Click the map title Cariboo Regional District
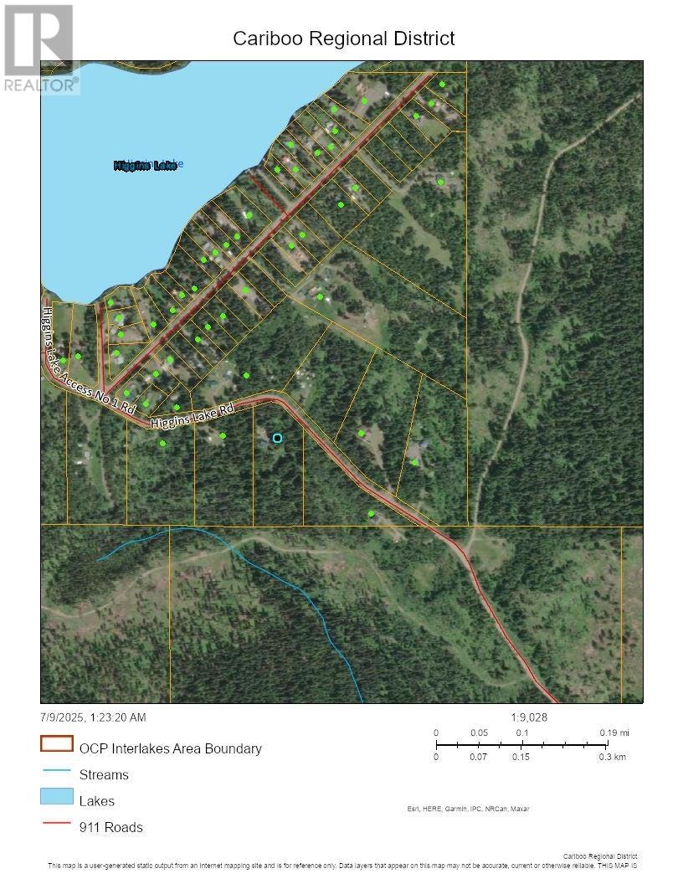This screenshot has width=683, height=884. click(x=343, y=39)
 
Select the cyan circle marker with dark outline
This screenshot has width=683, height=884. click(x=277, y=438)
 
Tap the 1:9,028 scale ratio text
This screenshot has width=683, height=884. click(x=529, y=717)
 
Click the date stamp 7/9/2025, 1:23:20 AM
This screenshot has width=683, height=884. click(x=92, y=717)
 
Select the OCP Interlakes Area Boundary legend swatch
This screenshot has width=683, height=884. click(x=57, y=744)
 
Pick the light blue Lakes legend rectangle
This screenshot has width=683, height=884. click(x=57, y=797)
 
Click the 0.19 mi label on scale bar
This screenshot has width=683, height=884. click(x=615, y=732)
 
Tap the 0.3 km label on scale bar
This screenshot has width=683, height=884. click(x=613, y=757)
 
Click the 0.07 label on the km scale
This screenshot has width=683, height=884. click(x=479, y=757)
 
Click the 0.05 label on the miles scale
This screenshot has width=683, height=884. click(x=479, y=732)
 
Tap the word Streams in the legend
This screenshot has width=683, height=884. click(x=104, y=774)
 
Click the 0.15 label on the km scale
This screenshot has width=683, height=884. click(x=521, y=757)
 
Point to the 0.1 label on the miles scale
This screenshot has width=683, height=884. click(x=521, y=732)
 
